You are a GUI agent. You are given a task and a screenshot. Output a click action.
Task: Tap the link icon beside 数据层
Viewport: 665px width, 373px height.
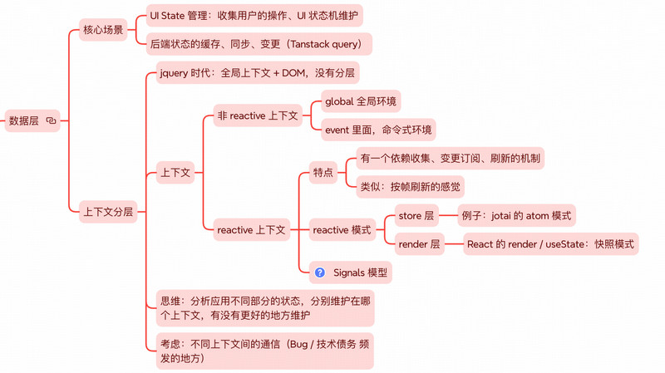[x=52, y=120]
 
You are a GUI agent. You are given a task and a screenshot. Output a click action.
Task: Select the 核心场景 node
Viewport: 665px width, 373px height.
[x=103, y=30]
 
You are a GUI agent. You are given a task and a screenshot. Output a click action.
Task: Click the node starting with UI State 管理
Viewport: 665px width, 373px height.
[x=254, y=15]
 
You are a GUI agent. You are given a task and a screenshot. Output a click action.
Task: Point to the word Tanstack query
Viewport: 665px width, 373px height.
[x=328, y=44]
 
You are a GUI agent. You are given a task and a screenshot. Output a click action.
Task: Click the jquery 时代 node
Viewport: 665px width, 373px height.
[x=258, y=73]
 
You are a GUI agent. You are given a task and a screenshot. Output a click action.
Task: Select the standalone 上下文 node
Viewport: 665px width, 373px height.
[x=175, y=173]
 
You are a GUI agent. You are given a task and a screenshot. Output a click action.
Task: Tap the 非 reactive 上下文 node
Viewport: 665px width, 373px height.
[x=257, y=115]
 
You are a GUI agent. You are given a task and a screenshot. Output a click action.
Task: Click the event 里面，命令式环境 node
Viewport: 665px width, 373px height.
[x=378, y=130]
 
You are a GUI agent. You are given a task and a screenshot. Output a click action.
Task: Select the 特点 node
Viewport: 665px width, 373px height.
[x=322, y=173]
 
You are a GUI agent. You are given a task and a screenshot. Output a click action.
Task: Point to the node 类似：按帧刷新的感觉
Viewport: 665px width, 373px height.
[x=410, y=187]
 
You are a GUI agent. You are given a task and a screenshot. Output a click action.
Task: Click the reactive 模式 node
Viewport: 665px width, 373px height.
[x=342, y=230]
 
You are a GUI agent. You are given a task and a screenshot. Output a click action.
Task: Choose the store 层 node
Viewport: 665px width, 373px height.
[x=416, y=216]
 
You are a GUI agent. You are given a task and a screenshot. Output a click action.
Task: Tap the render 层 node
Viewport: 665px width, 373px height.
[x=419, y=244]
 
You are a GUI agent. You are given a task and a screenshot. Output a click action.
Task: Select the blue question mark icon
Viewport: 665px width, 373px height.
[x=320, y=272]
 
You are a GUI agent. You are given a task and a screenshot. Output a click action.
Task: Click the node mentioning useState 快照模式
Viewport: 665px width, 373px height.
[x=550, y=244]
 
